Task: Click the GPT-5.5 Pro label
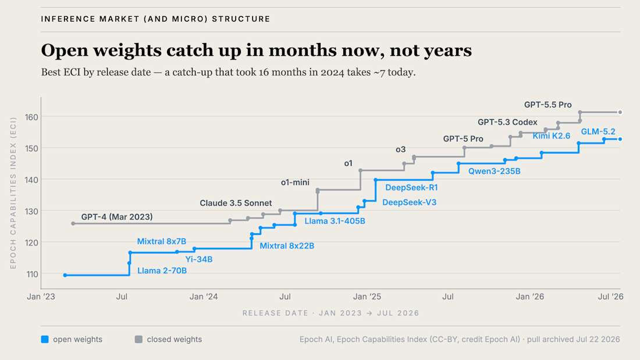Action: click(547, 105)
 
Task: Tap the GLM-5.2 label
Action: click(598, 131)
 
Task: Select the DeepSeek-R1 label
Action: click(411, 187)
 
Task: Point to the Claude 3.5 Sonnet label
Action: click(236, 203)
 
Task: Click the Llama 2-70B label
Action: click(162, 270)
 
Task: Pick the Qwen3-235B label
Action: click(495, 171)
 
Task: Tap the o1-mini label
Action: click(295, 183)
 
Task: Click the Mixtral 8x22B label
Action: click(287, 245)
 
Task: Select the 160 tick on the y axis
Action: click(31, 117)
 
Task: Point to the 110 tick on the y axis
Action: click(32, 275)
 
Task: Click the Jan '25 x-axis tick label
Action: click(367, 297)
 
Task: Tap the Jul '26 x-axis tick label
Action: click(610, 297)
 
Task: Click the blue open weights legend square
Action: click(45, 339)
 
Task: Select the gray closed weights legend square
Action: click(139, 339)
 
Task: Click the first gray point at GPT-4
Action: click(73, 224)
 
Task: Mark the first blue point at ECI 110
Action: click(65, 275)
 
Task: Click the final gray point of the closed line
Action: click(620, 112)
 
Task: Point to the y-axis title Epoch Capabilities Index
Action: click(13, 193)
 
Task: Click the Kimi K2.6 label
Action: click(552, 136)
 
